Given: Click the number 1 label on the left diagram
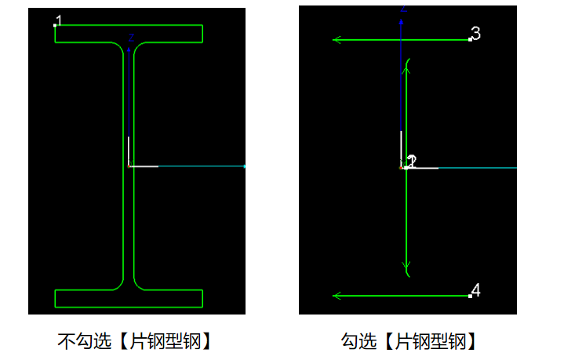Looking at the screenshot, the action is click(x=60, y=20).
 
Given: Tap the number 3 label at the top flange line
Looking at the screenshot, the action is click(x=476, y=34).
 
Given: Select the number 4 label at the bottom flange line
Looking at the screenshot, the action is click(x=476, y=290).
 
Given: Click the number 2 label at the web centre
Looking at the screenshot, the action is click(x=412, y=161).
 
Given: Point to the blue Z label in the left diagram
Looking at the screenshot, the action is click(x=131, y=38).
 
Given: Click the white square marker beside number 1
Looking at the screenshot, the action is click(x=55, y=26).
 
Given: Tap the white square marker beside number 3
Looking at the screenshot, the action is click(x=470, y=39).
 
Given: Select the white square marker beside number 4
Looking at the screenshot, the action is click(x=470, y=296).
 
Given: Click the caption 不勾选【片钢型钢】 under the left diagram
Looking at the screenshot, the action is click(x=134, y=341).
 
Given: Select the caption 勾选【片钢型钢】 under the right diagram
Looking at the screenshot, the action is click(x=409, y=341).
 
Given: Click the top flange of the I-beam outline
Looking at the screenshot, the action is click(x=129, y=34).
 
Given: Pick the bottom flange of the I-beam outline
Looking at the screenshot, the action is click(x=129, y=299).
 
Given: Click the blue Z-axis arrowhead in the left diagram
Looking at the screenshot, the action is click(x=129, y=49).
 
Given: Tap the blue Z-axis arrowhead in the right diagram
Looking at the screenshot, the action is click(x=401, y=22).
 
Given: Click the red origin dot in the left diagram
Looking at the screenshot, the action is click(x=129, y=166).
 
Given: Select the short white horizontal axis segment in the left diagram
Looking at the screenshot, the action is click(x=144, y=166).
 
